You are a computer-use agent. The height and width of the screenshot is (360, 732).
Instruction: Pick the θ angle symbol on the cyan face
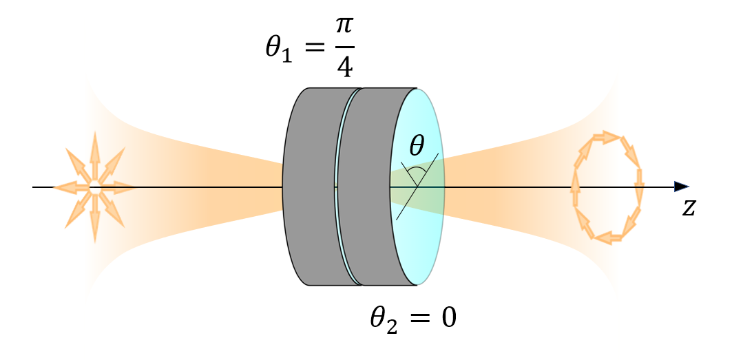[x=417, y=146]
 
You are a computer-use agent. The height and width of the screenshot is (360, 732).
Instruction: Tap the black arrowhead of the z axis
[x=681, y=187]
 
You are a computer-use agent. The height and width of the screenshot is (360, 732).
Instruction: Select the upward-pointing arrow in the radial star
[x=94, y=154]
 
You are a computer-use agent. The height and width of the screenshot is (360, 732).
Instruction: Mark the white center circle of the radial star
[x=94, y=187]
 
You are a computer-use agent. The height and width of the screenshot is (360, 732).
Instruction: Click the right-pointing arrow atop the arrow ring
[x=607, y=137]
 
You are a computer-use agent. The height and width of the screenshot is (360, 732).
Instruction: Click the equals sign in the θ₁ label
[x=313, y=49]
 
